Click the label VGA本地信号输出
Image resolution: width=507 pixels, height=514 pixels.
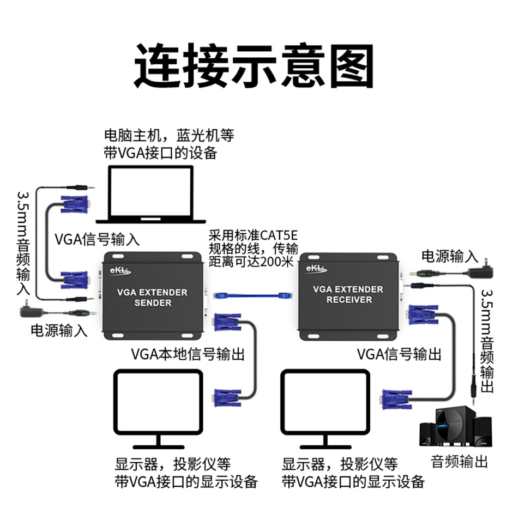188,354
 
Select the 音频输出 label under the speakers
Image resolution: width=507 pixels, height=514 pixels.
459,462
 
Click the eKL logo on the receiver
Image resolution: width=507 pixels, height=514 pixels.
317,268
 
